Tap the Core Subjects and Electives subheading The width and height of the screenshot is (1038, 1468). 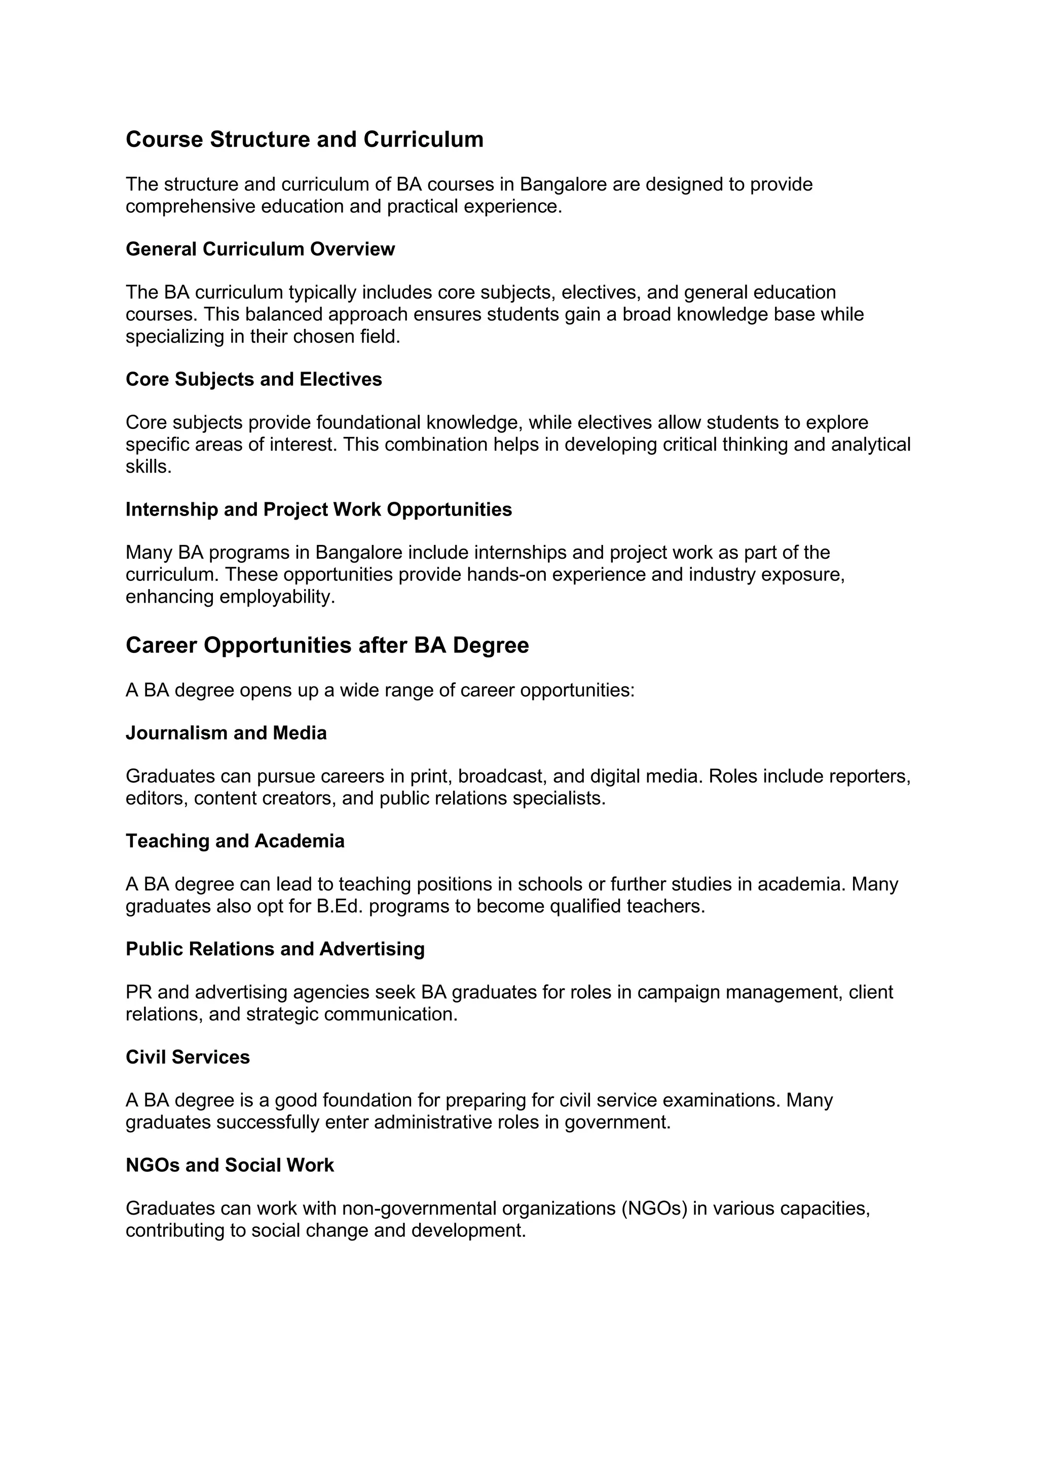[x=254, y=379]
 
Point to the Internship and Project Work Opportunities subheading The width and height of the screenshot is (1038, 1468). [x=318, y=509]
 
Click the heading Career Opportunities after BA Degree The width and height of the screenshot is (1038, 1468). [x=327, y=645]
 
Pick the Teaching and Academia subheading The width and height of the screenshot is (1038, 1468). [x=235, y=841]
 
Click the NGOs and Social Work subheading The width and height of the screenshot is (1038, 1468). [x=230, y=1165]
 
